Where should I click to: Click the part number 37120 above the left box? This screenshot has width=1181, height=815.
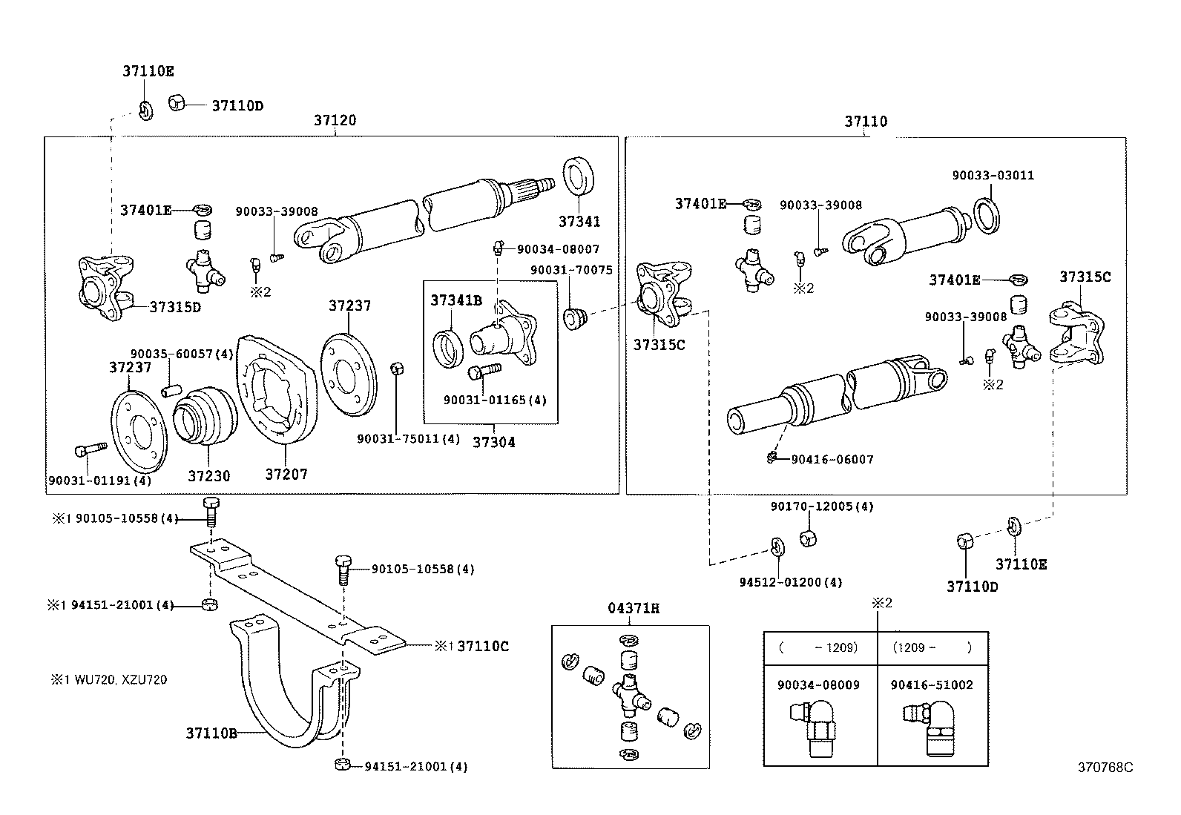(334, 120)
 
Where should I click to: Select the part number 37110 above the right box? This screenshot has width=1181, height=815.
(865, 121)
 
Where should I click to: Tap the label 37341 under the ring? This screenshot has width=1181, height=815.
(579, 221)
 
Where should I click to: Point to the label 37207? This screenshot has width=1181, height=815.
(286, 474)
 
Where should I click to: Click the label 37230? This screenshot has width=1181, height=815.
(208, 475)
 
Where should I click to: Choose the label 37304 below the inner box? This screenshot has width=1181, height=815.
(493, 442)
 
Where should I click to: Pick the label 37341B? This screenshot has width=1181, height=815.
(456, 300)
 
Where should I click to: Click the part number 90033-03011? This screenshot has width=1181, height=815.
(993, 176)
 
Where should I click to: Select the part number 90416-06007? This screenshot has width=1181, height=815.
(832, 460)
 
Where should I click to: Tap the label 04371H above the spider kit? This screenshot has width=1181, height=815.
(634, 609)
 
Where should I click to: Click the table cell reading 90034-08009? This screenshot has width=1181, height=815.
(818, 685)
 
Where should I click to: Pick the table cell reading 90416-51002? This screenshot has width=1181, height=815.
(932, 685)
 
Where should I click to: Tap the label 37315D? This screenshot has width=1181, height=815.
(175, 307)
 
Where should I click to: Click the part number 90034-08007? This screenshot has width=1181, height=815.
(558, 250)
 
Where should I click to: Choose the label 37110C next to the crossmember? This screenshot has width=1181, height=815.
(483, 646)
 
